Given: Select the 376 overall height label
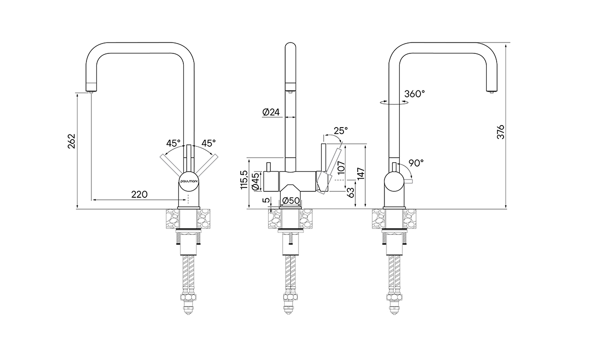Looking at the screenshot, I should point(500,132).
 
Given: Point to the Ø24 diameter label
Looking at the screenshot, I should point(271,112).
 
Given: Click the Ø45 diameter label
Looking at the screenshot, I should point(255,181).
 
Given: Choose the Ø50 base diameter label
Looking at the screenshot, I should point(291,200).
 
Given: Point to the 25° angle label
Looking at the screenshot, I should point(340,131).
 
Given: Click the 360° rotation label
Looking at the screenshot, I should point(414,93).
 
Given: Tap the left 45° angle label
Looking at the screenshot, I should point(173,143).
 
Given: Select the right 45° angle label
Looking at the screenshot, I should point(208,143).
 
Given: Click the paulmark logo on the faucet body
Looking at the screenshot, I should point(189,182).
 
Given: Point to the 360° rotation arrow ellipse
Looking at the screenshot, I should point(394,103).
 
